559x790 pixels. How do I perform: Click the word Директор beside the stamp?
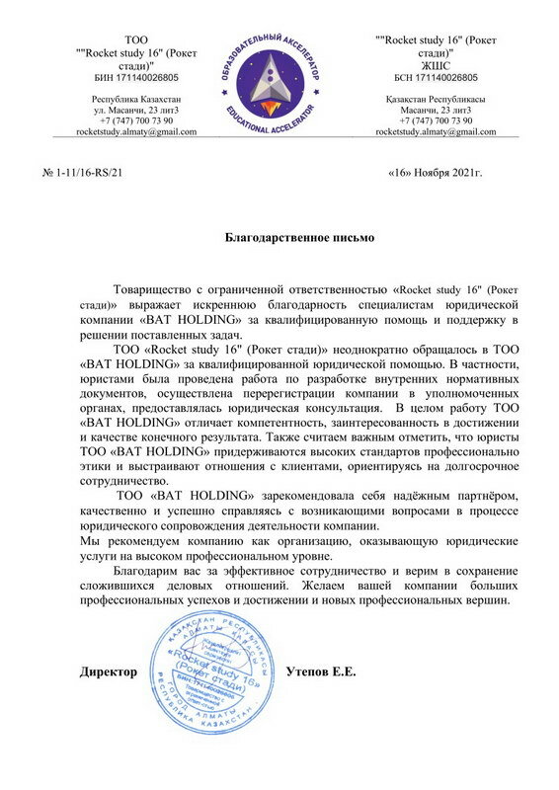click(x=108, y=671)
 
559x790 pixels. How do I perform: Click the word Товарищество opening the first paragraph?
click(x=159, y=289)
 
